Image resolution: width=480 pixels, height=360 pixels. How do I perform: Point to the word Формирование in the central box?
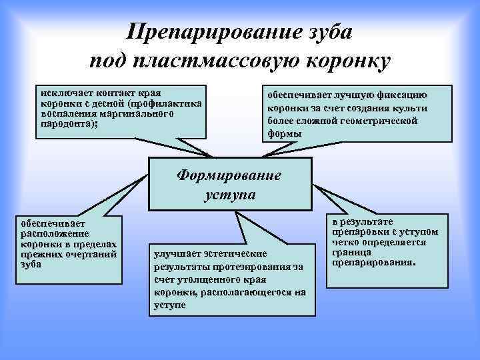[229, 176]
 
